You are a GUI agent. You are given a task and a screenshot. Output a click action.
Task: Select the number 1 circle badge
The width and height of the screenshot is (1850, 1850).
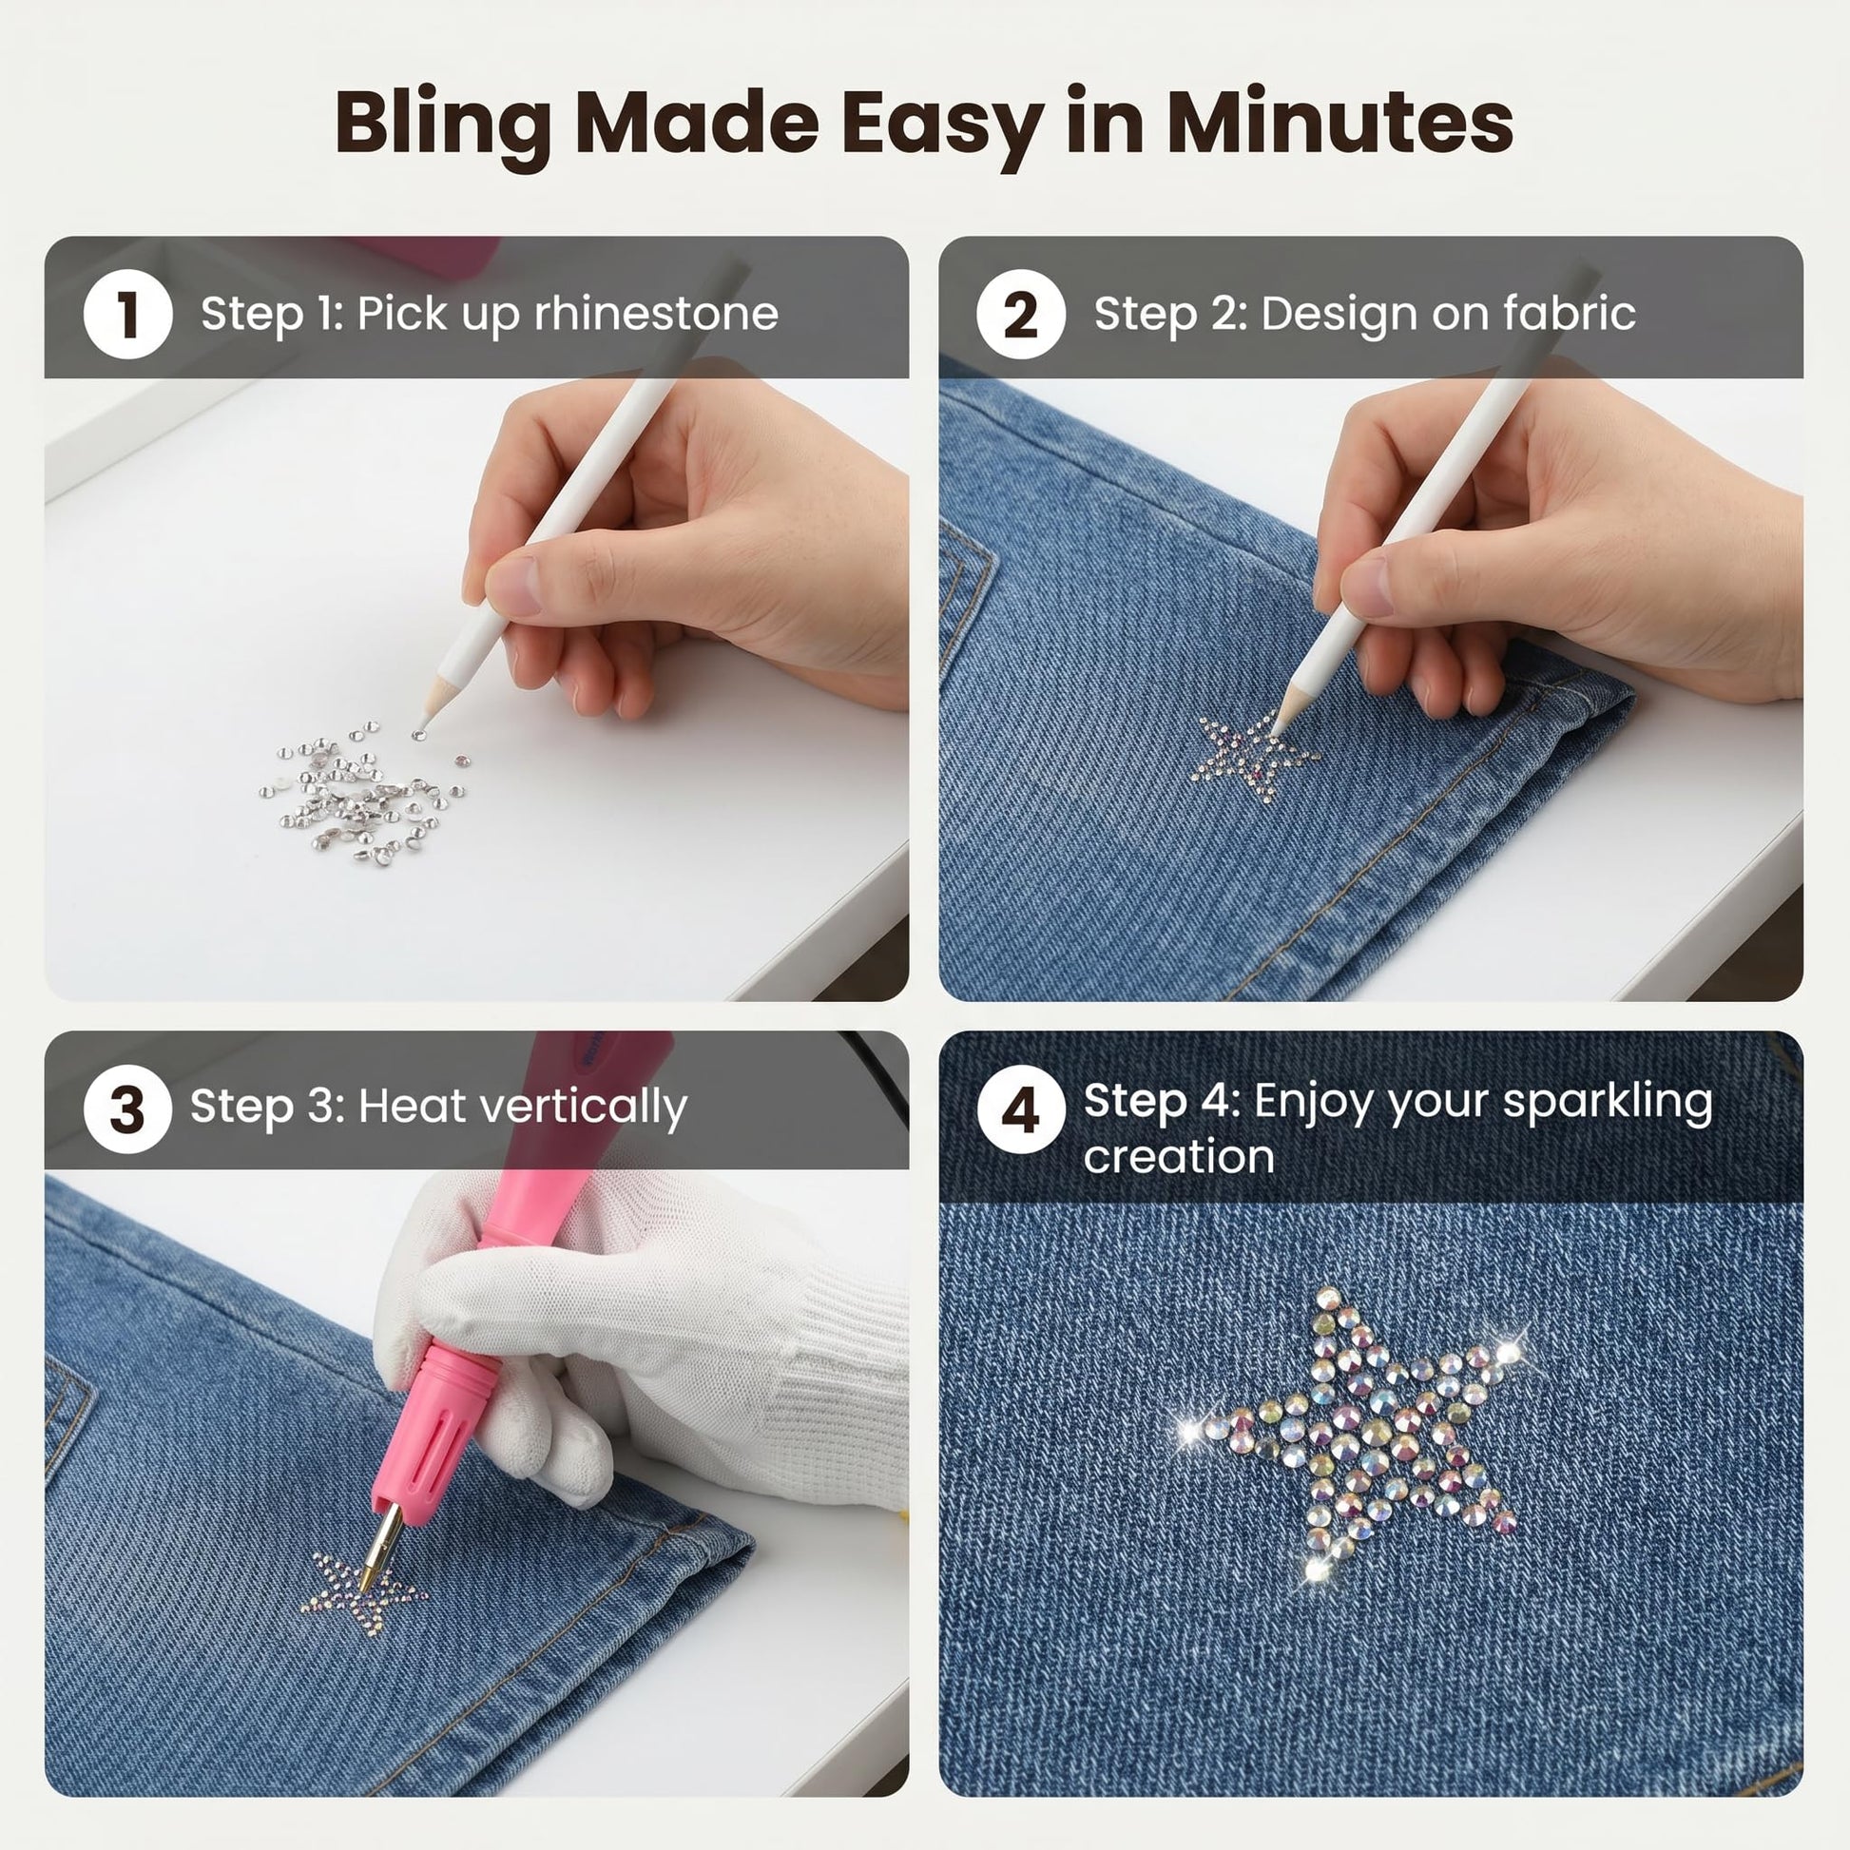point(127,314)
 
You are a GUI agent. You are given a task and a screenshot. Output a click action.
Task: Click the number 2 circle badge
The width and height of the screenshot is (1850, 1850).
point(1021,314)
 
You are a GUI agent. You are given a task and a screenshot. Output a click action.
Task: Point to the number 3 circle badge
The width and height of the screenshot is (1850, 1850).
point(127,1108)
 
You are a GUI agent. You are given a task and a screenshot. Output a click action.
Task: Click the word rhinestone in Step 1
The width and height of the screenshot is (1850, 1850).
point(656,313)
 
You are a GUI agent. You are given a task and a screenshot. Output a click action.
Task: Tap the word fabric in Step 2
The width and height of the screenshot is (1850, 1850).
point(1569,313)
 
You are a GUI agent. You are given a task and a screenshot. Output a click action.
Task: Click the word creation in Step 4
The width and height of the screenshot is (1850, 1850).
point(1179,1158)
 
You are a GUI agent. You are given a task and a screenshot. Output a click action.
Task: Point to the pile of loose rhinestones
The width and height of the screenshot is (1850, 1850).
point(364,791)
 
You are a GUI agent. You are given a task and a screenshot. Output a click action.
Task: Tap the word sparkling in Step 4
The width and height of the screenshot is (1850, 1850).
point(1609,1102)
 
